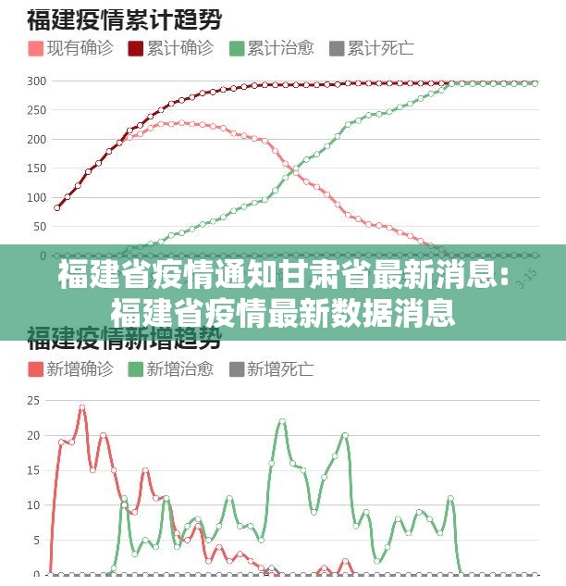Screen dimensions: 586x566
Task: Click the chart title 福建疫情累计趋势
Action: (130, 18)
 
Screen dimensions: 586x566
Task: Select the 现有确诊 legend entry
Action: (70, 47)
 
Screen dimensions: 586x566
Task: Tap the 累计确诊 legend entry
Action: (170, 47)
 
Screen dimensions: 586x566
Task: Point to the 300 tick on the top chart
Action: (36, 81)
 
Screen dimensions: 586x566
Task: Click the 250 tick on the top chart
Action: (36, 110)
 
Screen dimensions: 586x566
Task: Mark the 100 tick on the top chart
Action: (36, 197)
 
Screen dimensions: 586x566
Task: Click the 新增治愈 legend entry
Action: (170, 369)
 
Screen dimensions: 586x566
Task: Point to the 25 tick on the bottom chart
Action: (33, 401)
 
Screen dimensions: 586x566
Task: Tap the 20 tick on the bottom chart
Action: (33, 435)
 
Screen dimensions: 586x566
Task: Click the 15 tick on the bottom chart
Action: (33, 470)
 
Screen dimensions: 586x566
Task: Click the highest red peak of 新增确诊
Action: (82, 407)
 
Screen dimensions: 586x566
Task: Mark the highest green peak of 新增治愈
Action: (282, 421)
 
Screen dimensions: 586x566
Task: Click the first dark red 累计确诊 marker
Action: (57, 207)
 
